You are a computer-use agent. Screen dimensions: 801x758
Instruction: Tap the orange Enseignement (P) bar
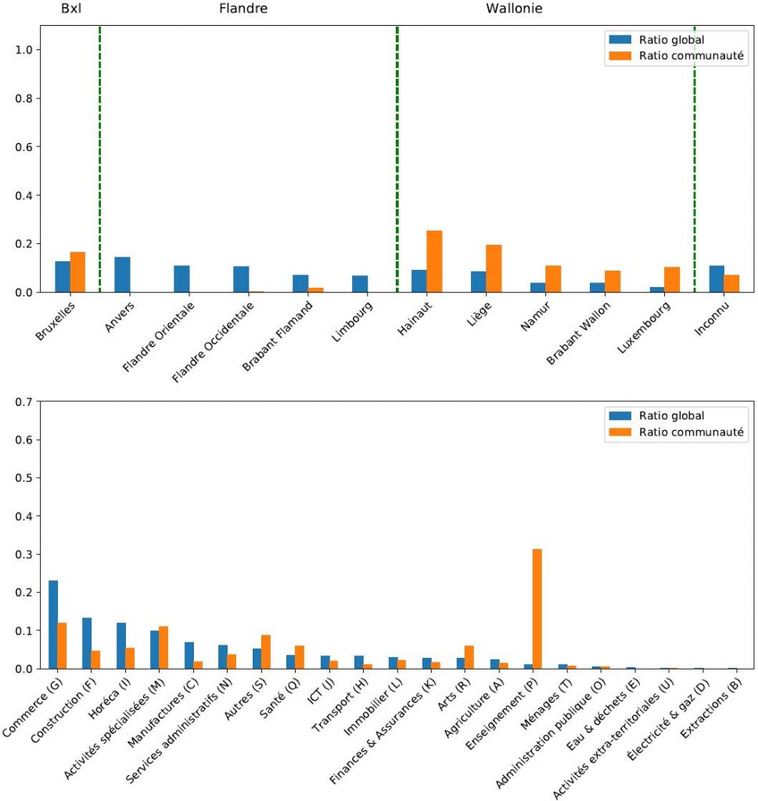point(537,609)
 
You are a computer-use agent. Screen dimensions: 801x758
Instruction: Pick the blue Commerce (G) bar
point(53,624)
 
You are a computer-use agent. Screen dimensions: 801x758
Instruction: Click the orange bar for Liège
point(494,268)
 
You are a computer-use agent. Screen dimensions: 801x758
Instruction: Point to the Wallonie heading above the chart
point(514,9)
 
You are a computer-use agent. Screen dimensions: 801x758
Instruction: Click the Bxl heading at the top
point(71,9)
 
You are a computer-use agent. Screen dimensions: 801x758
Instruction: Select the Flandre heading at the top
point(242,9)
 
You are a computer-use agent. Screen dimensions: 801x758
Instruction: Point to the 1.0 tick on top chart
point(24,50)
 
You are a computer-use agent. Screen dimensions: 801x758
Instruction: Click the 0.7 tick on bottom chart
point(24,402)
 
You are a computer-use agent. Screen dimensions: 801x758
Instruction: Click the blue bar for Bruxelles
point(63,277)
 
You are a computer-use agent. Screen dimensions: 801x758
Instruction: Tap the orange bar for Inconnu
point(731,283)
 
